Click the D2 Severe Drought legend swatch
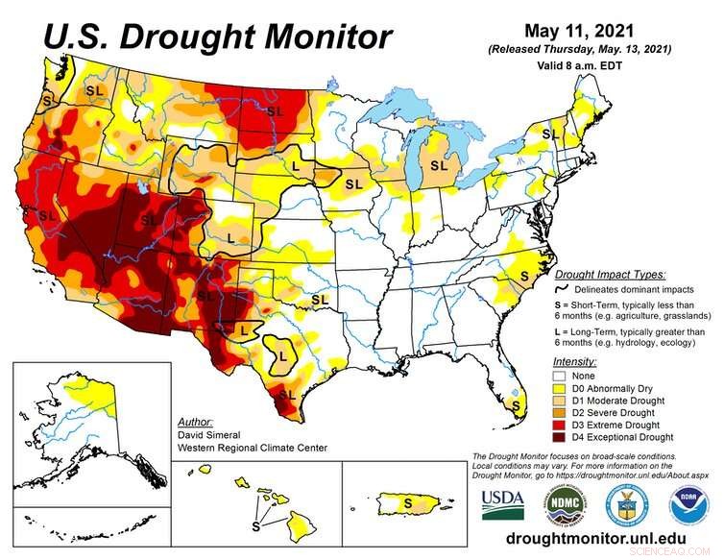point(562,413)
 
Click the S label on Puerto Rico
point(407,501)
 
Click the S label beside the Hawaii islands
point(255,526)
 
